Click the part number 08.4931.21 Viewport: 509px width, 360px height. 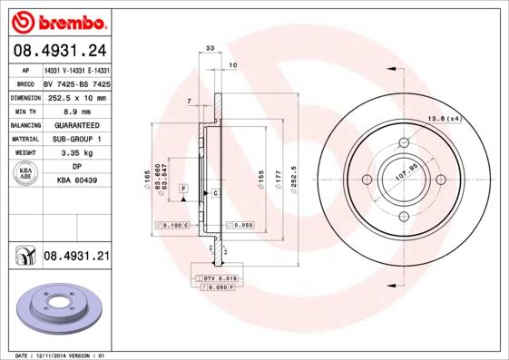point(76,257)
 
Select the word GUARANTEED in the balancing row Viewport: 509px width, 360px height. point(76,125)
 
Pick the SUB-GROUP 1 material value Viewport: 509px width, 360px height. point(76,139)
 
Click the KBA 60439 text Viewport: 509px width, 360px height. point(76,180)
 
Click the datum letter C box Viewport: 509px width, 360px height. point(216,194)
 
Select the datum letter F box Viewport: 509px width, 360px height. point(183,188)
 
